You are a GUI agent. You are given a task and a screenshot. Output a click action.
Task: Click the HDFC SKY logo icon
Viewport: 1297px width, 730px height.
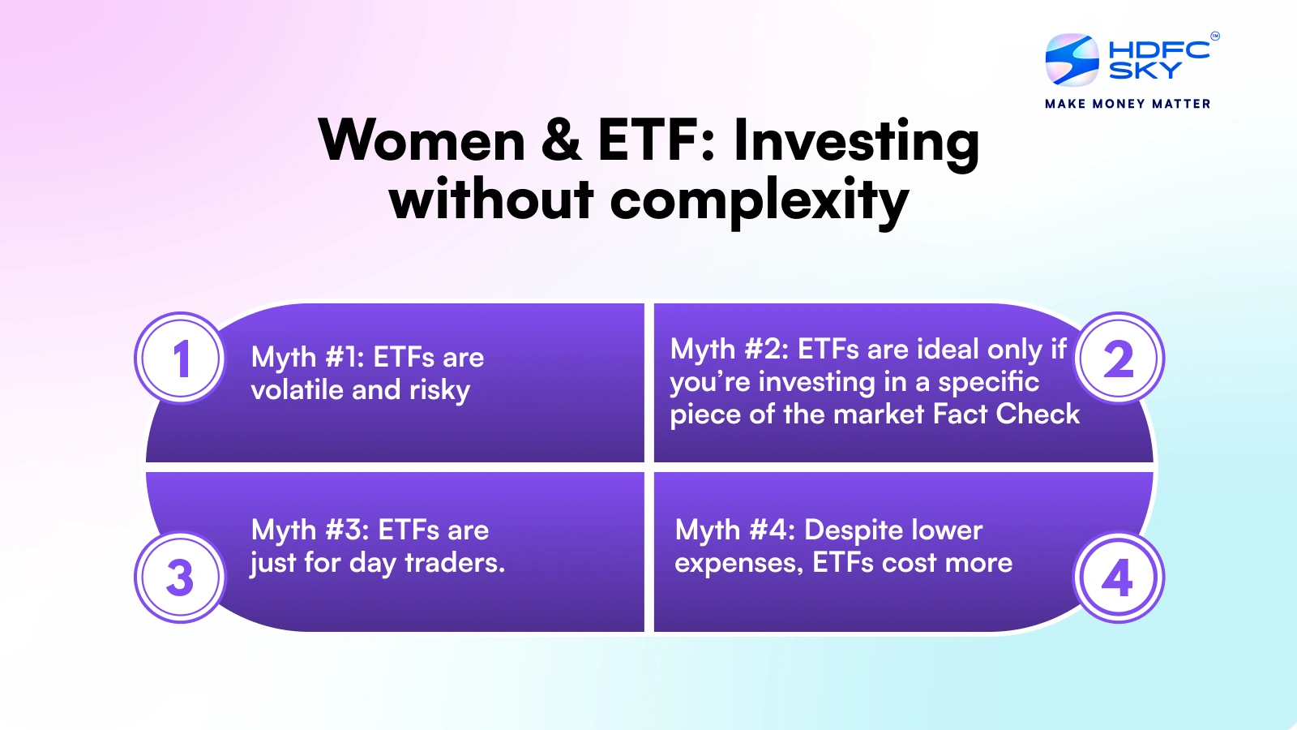tap(1072, 60)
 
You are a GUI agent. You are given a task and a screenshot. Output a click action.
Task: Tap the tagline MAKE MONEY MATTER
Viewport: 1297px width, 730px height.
tap(1128, 104)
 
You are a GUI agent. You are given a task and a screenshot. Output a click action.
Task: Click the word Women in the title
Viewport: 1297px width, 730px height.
tap(422, 141)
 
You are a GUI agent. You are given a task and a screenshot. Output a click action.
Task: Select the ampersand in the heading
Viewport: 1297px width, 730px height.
tap(560, 141)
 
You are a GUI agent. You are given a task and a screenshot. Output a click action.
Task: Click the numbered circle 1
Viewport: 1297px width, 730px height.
tap(182, 358)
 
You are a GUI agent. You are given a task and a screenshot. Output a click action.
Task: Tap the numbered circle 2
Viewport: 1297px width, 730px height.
tap(1119, 358)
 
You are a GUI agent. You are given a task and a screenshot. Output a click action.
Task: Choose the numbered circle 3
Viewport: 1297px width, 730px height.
tap(182, 577)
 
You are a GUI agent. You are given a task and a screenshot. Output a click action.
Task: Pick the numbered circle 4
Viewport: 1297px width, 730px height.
tap(1119, 577)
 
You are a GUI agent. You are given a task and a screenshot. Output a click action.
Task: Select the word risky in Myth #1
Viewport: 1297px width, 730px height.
tap(439, 390)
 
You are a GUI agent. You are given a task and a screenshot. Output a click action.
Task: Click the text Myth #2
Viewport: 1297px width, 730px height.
tap(730, 350)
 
